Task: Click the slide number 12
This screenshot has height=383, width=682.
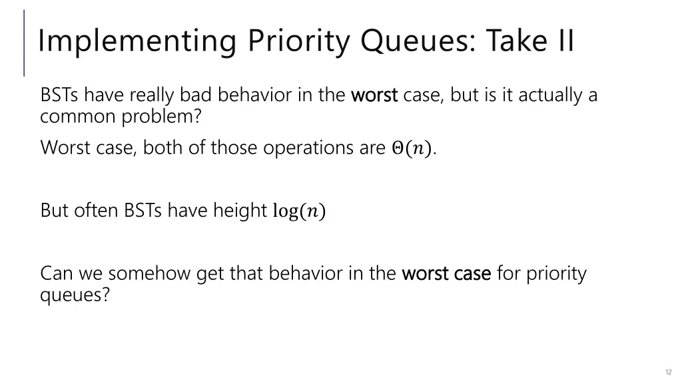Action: (668, 372)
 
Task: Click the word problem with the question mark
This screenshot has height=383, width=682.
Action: (162, 117)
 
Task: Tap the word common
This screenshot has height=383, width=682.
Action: (77, 117)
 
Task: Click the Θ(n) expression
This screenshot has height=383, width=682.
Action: (413, 148)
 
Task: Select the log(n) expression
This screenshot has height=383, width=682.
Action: (299, 211)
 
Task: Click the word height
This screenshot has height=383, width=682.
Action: (239, 211)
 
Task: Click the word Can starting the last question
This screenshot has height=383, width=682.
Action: (55, 273)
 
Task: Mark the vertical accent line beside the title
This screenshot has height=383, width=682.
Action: (25, 43)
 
